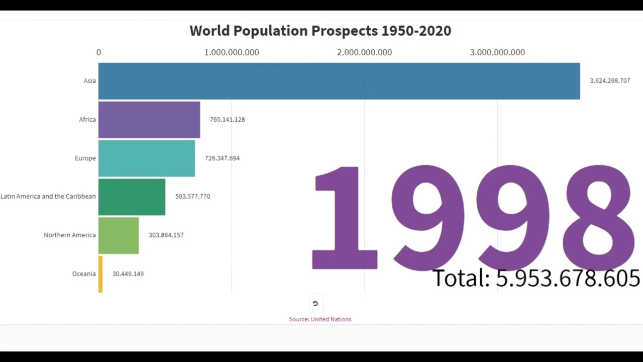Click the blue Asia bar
(339, 81)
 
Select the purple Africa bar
(149, 120)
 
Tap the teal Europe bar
(147, 158)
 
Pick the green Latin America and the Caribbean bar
(132, 197)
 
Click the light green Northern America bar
(119, 235)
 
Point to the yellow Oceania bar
(100, 274)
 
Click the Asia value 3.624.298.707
(609, 81)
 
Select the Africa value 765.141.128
(227, 120)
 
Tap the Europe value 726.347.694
(222, 158)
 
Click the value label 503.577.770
(192, 197)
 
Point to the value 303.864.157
(166, 235)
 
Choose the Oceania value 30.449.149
(128, 274)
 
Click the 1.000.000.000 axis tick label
(232, 52)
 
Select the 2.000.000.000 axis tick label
(364, 52)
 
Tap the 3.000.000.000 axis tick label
(497, 52)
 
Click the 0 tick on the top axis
(98, 52)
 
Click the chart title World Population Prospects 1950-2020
(320, 31)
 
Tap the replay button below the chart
(315, 303)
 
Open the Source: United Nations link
(320, 319)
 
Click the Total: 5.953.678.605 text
(535, 278)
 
